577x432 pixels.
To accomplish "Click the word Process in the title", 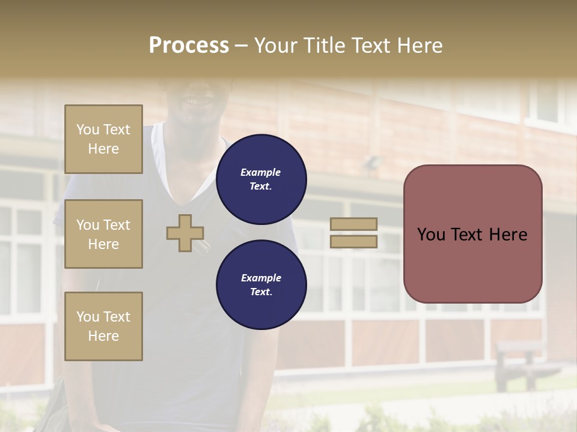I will pyautogui.click(x=189, y=46).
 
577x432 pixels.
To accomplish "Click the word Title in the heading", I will pyautogui.click(x=325, y=46).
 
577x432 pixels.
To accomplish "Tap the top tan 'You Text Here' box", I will pyautogui.click(x=103, y=139).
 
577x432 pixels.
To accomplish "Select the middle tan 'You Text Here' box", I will pyautogui.click(x=103, y=234).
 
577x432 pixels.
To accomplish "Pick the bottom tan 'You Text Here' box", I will pyautogui.click(x=103, y=326).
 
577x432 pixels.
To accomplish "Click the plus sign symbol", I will pyautogui.click(x=185, y=233).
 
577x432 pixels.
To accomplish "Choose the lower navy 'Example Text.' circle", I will pyautogui.click(x=261, y=285).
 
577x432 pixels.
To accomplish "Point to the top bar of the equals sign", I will pyautogui.click(x=354, y=224).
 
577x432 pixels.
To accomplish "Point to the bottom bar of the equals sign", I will pyautogui.click(x=354, y=241).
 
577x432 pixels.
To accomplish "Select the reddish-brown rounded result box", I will pyautogui.click(x=472, y=264).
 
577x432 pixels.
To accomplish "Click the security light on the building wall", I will pyautogui.click(x=374, y=162).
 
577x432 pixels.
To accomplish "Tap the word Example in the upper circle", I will pyautogui.click(x=261, y=172).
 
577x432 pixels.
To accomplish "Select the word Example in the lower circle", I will pyautogui.click(x=261, y=278).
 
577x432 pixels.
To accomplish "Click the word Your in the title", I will pyautogui.click(x=276, y=46).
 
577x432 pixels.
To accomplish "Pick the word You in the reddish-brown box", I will pyautogui.click(x=431, y=235).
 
